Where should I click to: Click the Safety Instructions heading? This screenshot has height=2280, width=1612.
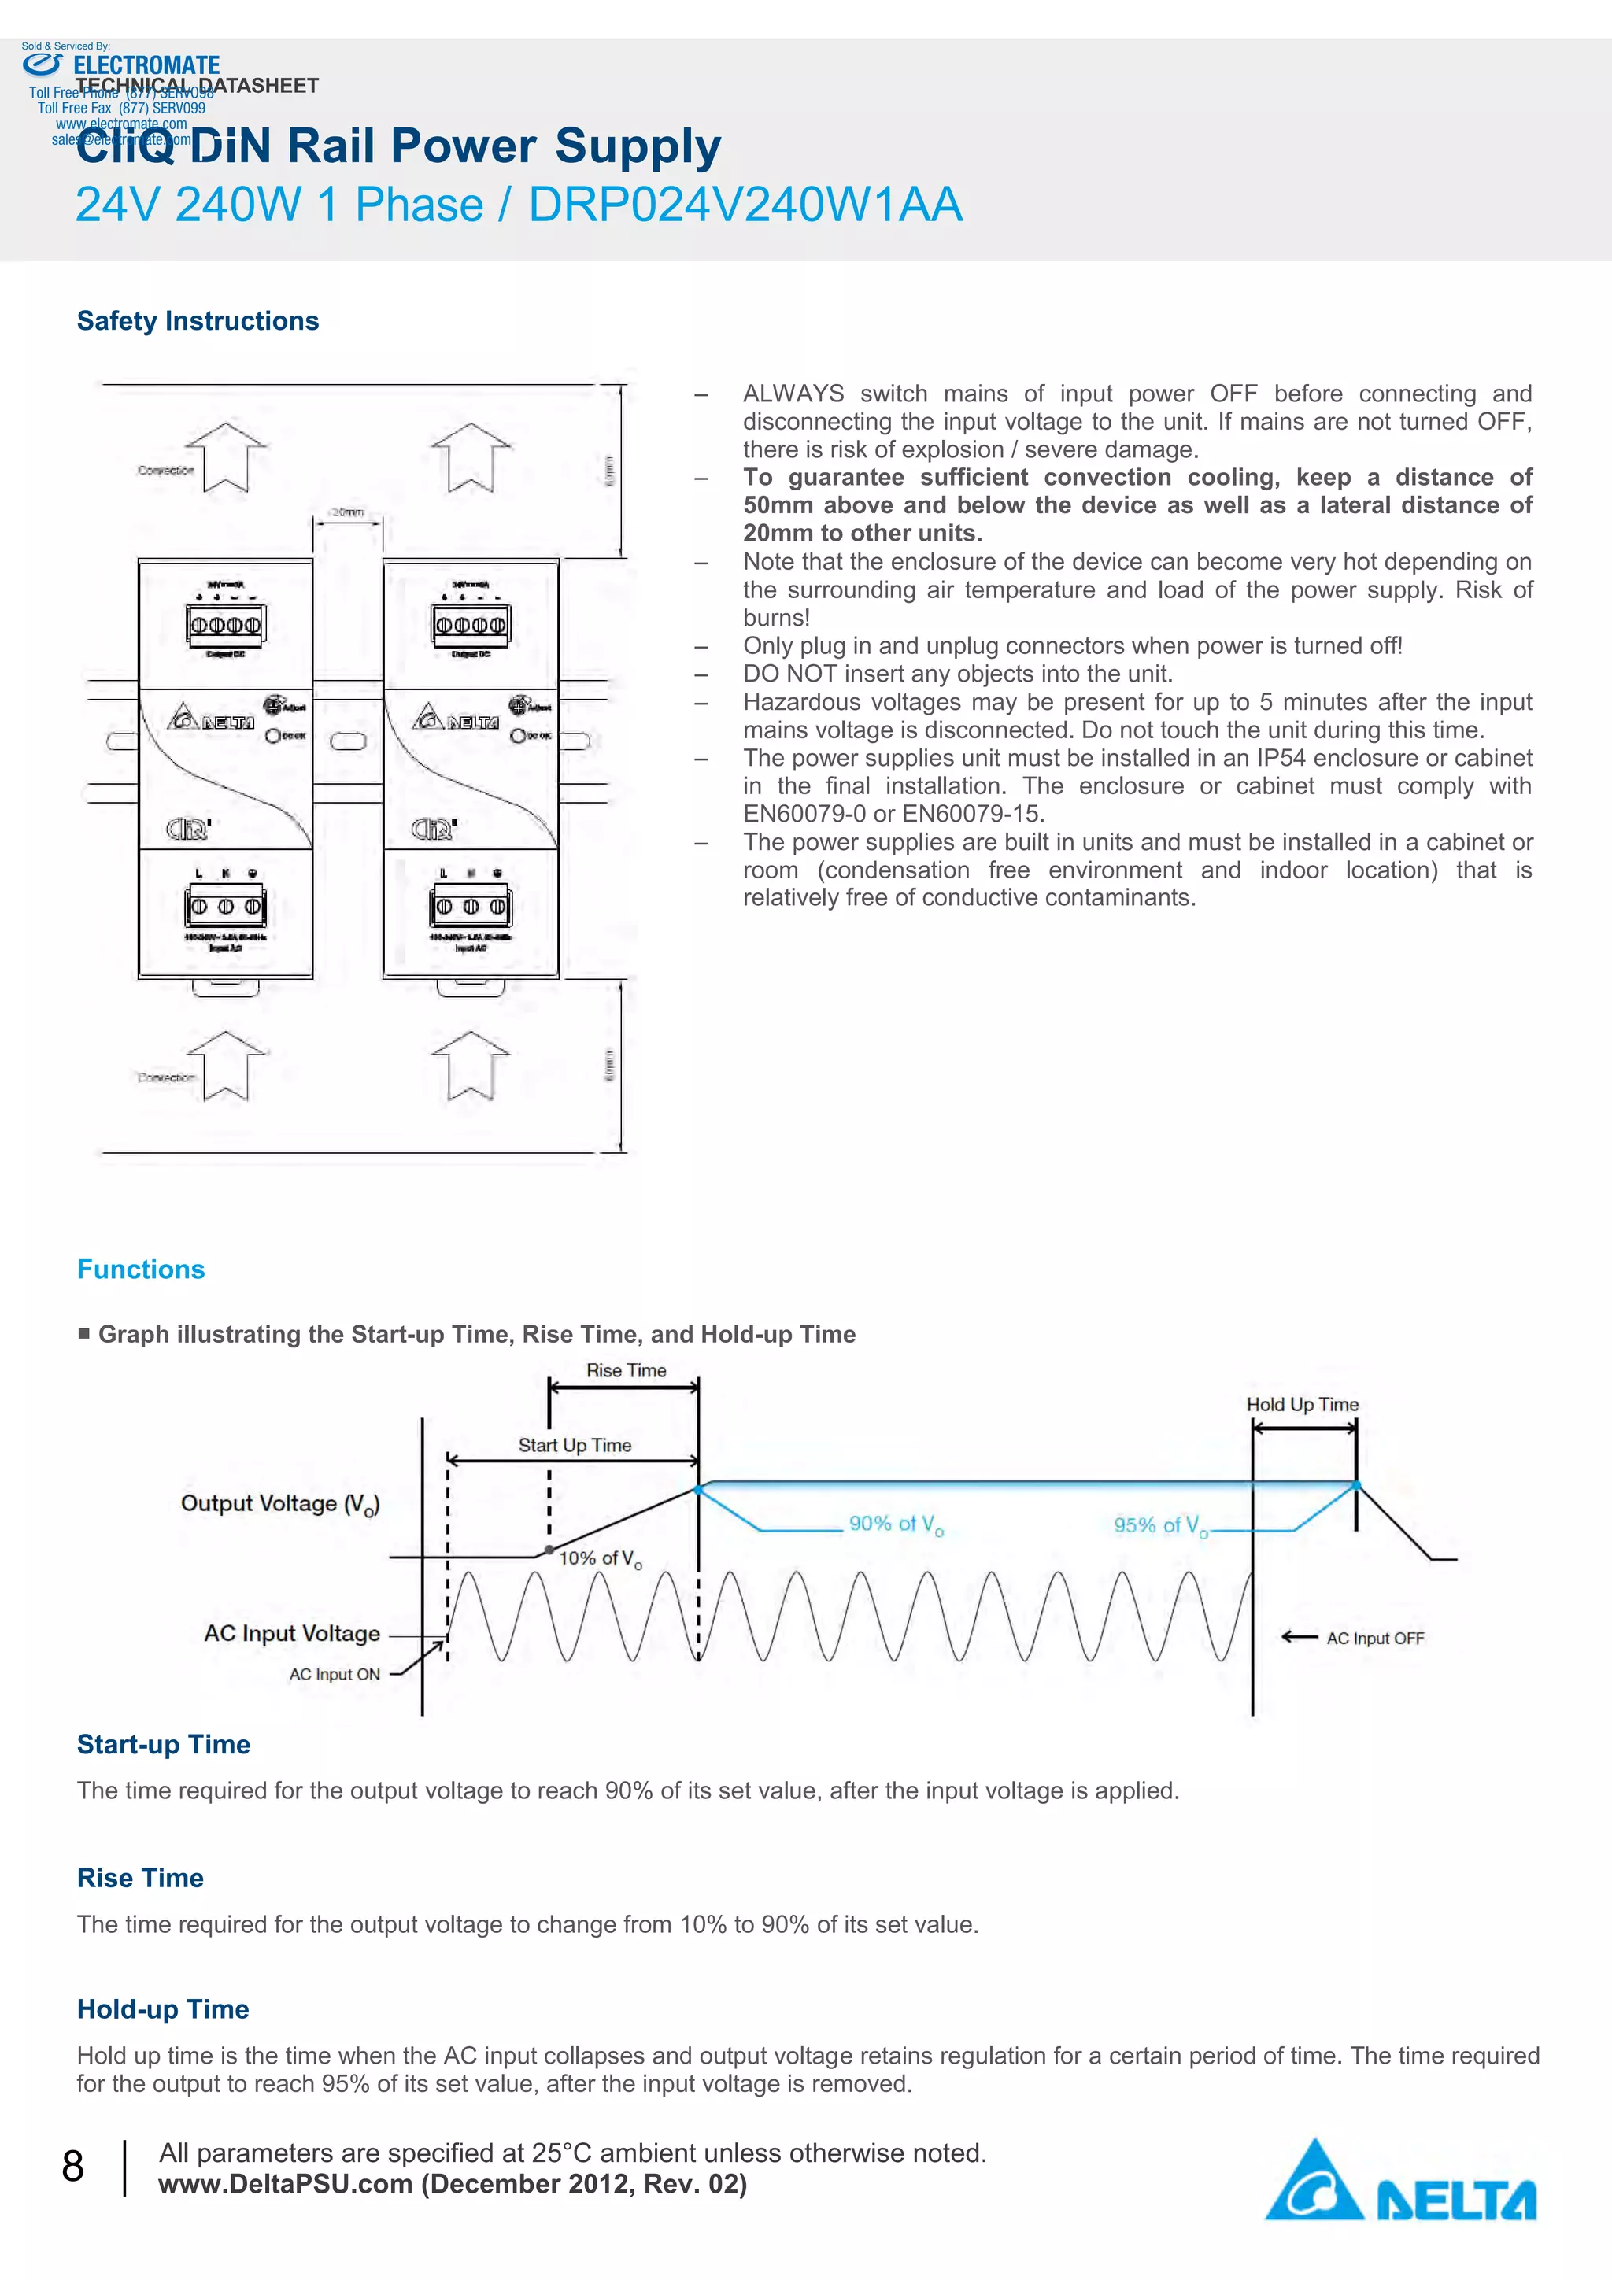tap(198, 321)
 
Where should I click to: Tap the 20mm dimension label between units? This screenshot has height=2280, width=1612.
tap(348, 512)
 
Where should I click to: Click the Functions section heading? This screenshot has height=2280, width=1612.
tap(141, 1269)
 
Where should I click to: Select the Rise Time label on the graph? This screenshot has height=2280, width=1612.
tap(626, 1370)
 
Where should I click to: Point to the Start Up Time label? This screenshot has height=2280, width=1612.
tap(574, 1445)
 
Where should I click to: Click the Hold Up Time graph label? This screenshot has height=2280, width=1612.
tap(1302, 1404)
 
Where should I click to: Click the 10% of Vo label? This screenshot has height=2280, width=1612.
tap(600, 1559)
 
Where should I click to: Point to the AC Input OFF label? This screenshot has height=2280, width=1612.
tap(1374, 1639)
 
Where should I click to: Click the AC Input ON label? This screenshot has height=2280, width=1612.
tap(335, 1674)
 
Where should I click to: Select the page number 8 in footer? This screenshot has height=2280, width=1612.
tap(72, 2166)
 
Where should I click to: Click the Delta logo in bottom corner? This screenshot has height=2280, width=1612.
tap(1400, 2181)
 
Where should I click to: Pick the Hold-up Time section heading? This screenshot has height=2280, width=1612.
tap(163, 2009)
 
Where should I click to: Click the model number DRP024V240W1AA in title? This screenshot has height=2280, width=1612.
tap(745, 205)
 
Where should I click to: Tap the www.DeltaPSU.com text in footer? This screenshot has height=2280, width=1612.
tap(285, 2184)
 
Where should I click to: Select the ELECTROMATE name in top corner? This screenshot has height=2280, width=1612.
tap(147, 65)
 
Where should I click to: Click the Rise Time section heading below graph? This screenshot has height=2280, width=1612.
tap(140, 1878)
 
